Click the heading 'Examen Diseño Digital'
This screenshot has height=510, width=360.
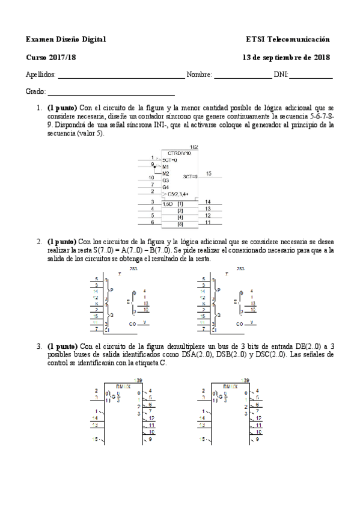coord(66,39)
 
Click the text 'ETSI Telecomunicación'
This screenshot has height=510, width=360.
coord(288,39)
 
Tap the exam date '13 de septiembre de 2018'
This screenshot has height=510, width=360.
coord(285,57)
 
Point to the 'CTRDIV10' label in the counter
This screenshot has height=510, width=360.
coord(179,154)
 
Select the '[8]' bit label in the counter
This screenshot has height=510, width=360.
coord(180,223)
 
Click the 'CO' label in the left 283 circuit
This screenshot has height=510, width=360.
coord(132,323)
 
